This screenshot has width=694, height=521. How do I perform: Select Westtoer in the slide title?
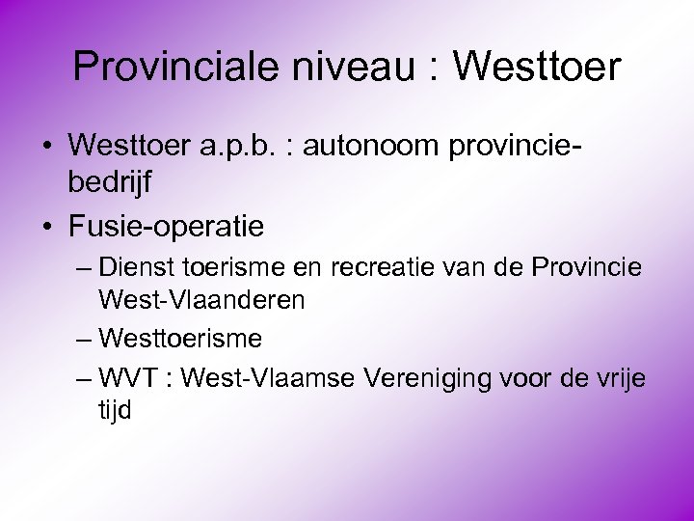[x=537, y=68]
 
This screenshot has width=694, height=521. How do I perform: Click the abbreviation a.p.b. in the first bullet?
[x=235, y=147]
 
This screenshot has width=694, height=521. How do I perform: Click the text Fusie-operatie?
[x=166, y=227]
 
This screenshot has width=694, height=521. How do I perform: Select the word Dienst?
[x=135, y=266]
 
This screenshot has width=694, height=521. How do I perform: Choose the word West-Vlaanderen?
[x=201, y=300]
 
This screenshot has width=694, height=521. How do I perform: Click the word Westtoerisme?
[x=179, y=339]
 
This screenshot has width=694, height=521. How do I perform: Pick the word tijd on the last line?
[x=115, y=411]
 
